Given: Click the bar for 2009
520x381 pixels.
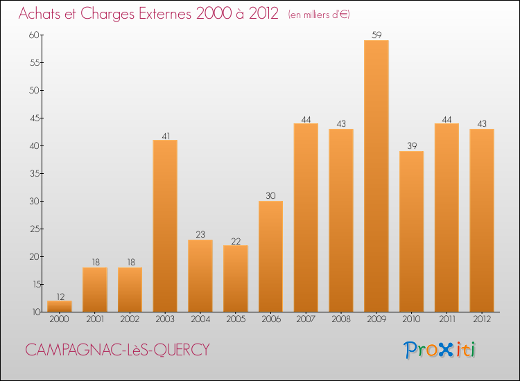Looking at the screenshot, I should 376,176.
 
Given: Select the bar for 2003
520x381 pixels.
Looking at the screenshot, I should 165,226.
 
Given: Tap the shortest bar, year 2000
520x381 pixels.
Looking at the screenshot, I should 60,305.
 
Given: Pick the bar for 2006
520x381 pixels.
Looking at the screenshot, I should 270,256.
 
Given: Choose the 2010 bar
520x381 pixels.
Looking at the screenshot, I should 411,231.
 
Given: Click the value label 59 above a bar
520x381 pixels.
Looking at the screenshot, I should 376,35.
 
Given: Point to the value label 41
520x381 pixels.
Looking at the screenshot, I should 165,135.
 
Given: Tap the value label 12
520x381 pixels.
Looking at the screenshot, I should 60,296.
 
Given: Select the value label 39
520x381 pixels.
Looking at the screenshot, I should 411,146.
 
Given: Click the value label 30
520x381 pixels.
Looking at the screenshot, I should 270,196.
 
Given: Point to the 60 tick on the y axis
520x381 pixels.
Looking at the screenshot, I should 34,35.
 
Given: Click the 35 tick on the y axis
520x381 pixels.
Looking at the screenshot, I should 34,173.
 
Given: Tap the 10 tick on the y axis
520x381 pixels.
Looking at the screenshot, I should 34,312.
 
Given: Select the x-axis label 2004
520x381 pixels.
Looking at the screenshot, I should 200,319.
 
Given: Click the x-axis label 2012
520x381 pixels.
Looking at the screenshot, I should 482,319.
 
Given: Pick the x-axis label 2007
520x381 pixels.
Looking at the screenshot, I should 306,319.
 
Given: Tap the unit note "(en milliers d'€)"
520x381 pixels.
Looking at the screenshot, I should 319,15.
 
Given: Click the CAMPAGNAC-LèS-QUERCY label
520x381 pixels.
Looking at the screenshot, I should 117,350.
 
